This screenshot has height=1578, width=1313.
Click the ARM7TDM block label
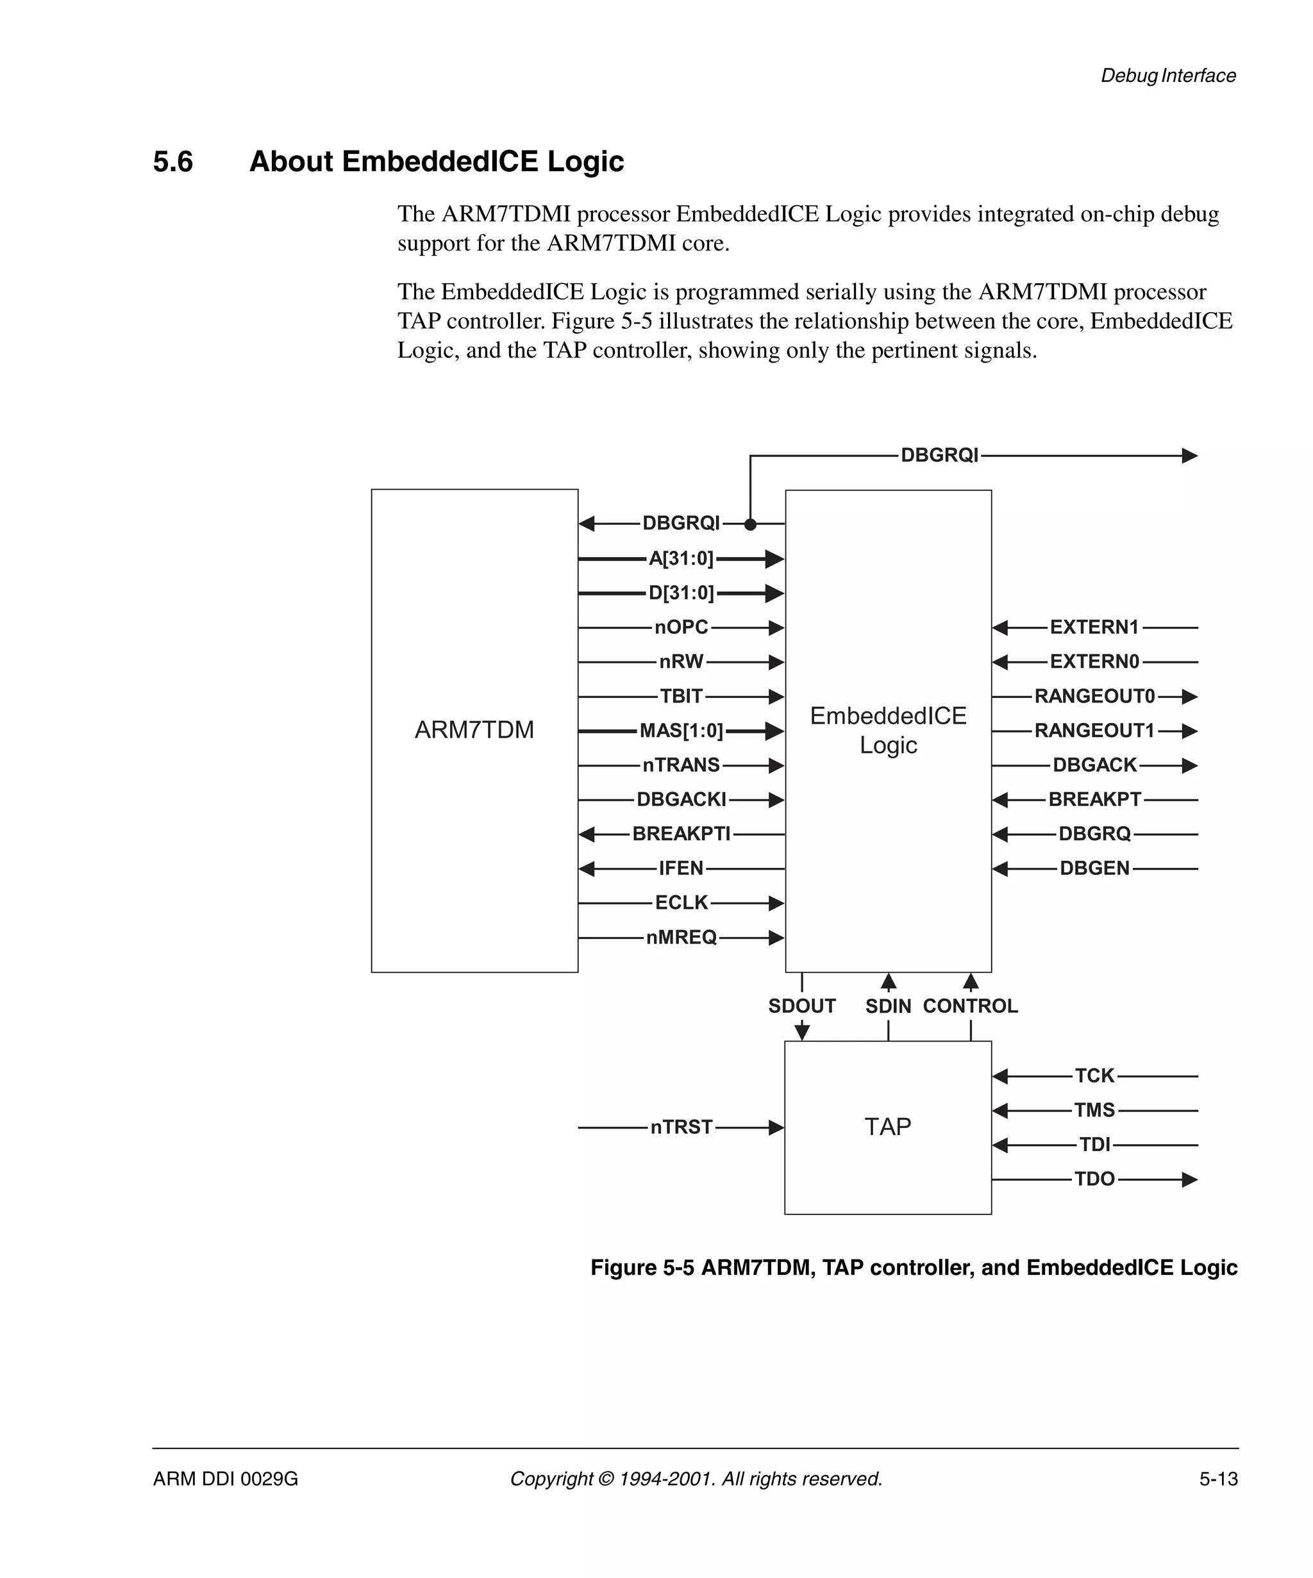474,729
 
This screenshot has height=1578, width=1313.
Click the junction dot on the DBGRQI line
749,524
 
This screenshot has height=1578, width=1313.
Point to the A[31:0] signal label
680,558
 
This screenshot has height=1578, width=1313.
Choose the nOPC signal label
681,627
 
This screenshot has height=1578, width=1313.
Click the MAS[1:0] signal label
681,731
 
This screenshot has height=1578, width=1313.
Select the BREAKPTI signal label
681,833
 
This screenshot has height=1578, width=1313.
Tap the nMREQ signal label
681,937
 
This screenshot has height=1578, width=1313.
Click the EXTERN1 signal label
1094,627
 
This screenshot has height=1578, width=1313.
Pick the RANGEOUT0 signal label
1094,696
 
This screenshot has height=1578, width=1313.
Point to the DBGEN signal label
1094,868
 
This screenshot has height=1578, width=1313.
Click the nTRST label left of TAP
681,1127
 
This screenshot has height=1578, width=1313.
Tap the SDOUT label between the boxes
801,1006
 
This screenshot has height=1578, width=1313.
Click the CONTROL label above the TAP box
969,1006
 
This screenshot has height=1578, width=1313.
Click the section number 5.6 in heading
173,162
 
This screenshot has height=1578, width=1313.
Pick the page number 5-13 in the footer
1217,1479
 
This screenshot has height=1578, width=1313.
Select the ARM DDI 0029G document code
226,1479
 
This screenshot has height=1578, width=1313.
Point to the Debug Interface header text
1167,76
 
